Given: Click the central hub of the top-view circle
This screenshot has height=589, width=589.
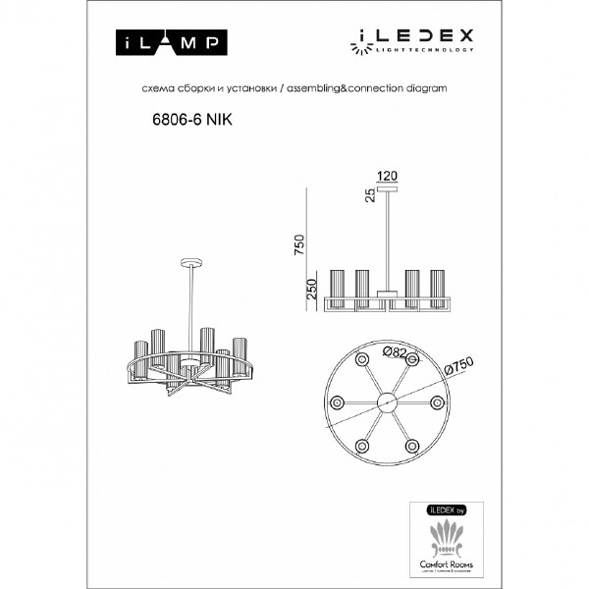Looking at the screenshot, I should click(387, 402).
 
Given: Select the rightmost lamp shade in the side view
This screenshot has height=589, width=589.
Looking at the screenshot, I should click(436, 288).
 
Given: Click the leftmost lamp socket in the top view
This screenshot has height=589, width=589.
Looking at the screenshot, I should click(337, 402).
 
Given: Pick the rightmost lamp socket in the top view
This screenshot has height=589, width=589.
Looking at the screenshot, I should click(437, 402).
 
